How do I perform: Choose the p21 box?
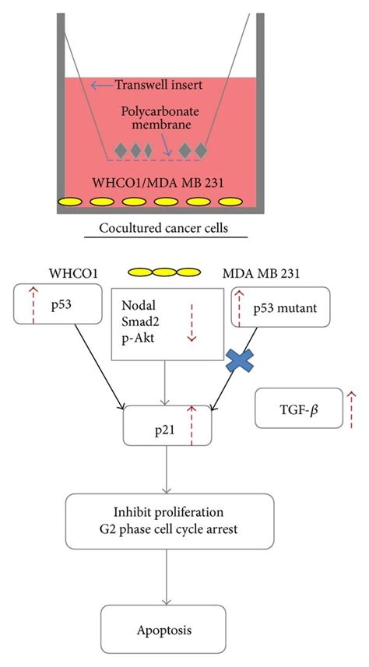167,427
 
